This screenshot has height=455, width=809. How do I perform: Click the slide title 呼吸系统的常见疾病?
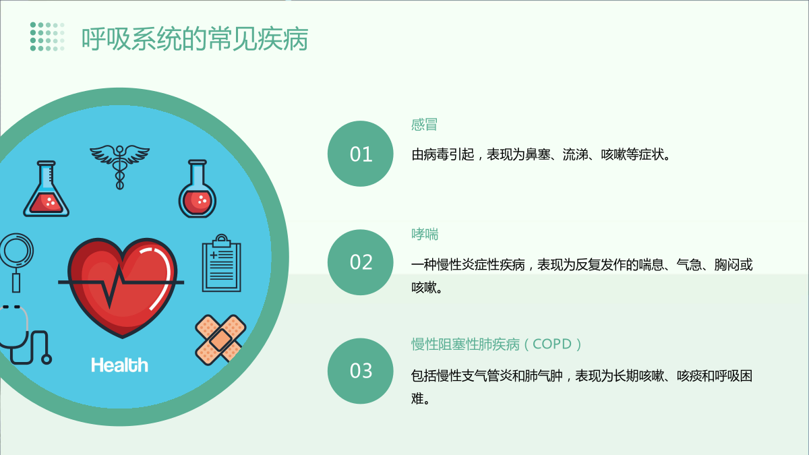point(195,38)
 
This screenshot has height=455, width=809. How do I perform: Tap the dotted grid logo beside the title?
point(47,36)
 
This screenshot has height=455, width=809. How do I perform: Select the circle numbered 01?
point(361,154)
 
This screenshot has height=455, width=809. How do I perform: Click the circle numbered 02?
point(361,262)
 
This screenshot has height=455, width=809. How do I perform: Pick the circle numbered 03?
point(361,371)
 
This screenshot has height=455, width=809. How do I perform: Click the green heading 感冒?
point(424,125)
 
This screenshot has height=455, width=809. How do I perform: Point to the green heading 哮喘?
point(425,235)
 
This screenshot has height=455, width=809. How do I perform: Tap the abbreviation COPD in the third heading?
point(552,344)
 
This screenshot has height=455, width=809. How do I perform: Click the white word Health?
point(119,365)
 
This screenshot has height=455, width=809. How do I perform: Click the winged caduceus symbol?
point(119,166)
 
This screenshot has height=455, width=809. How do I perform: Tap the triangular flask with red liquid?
point(47,189)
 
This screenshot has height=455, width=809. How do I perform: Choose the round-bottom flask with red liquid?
point(198,189)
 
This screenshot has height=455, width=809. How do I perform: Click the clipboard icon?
point(221,263)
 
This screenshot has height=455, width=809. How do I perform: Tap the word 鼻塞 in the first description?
point(538,155)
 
